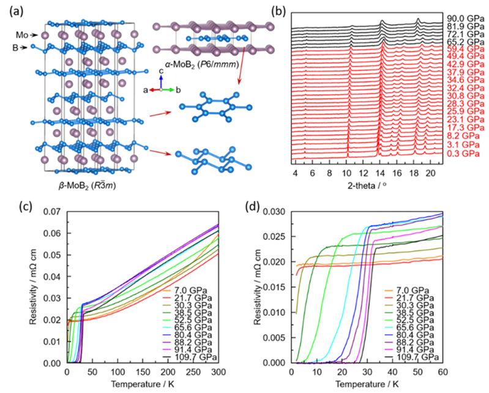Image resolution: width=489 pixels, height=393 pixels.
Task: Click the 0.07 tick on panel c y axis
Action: [53, 212]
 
